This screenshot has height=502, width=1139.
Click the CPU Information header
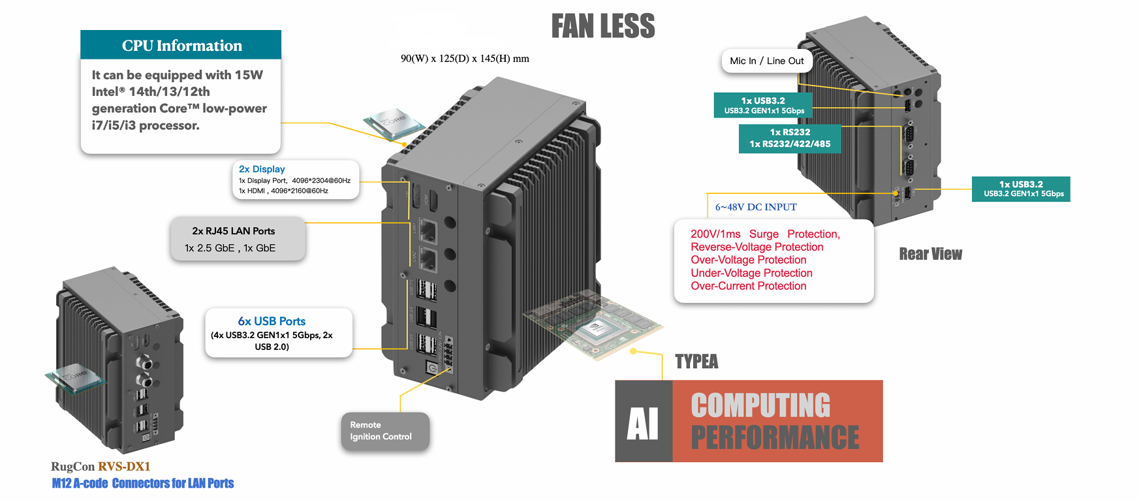[x=181, y=45]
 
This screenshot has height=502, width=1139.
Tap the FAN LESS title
[x=602, y=27]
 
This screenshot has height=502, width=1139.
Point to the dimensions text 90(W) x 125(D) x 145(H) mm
[x=465, y=59]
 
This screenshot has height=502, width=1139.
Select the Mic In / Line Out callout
[x=767, y=61]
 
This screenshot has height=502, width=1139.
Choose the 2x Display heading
[x=262, y=169]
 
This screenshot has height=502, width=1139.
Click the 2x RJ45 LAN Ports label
[x=234, y=231]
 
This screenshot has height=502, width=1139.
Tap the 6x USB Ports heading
[x=272, y=321]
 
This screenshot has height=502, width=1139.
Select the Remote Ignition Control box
[x=384, y=431]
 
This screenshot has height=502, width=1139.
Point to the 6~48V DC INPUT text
[x=756, y=207]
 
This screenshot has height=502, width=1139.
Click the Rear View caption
[x=930, y=254]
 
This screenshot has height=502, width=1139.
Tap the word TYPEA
[x=696, y=362]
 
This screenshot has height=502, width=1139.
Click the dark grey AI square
[x=644, y=422]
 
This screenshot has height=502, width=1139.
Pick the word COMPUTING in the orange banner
[x=760, y=405]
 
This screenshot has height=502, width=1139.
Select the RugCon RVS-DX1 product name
[x=101, y=466]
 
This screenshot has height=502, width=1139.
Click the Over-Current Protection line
[x=749, y=286]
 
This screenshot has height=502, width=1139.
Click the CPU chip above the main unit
[x=393, y=123]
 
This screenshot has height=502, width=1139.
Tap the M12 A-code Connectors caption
[x=143, y=483]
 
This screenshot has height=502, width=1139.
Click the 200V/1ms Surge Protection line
[x=765, y=234]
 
